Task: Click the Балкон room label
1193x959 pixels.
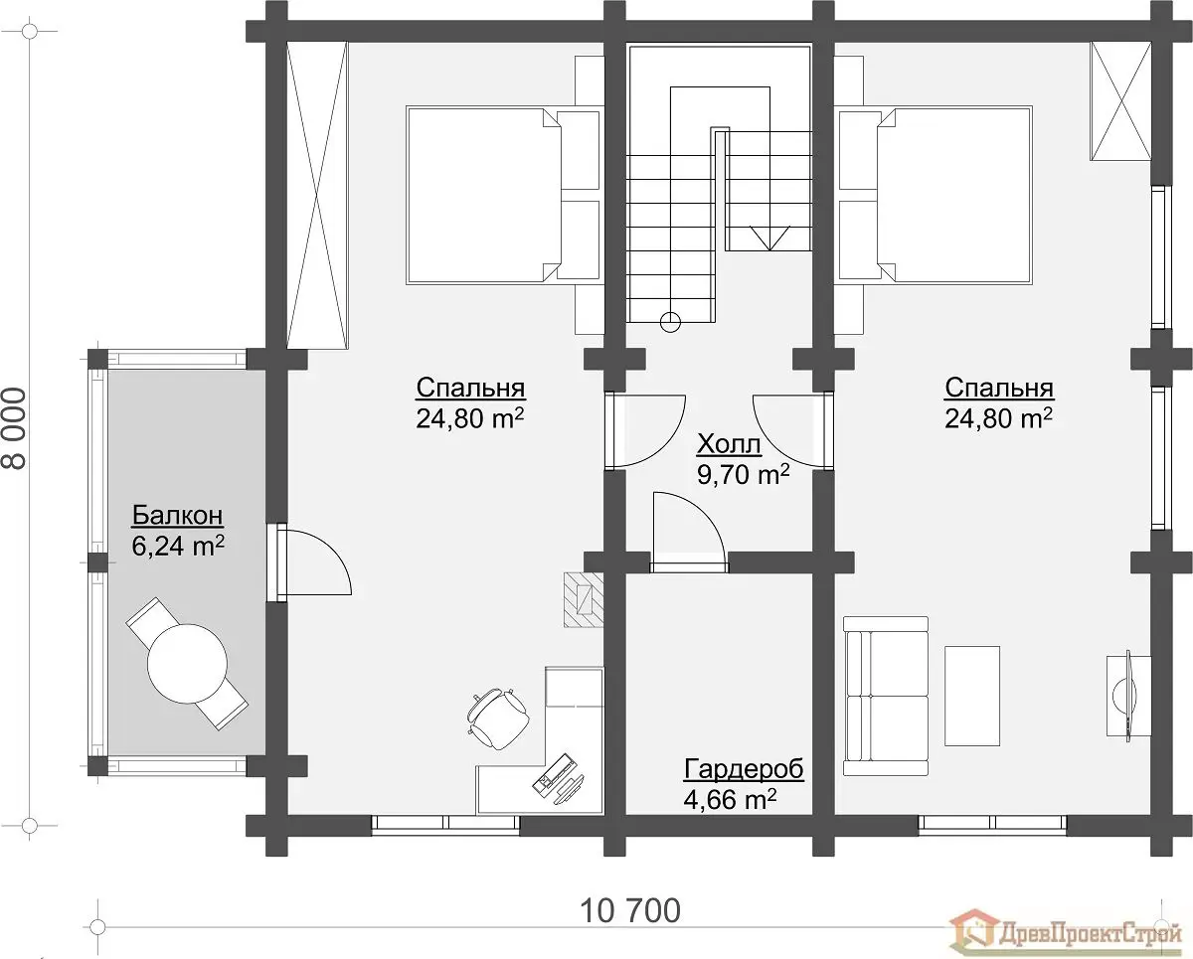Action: point(177,516)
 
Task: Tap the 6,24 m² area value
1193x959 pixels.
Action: point(178,546)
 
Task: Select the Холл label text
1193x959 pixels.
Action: point(729,444)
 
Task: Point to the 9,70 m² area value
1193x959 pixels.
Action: point(743,474)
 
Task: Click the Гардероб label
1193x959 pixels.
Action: point(744,769)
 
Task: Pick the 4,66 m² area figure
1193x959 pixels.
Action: point(730,799)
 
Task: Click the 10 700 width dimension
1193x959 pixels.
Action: point(629,910)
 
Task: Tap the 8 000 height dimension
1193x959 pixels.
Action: point(14,428)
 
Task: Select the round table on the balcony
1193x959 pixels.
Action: point(187,664)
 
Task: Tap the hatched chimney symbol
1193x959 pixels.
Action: point(584,599)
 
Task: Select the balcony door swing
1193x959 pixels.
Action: point(313,562)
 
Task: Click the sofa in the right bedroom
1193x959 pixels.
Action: point(886,696)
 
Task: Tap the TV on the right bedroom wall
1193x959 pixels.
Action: point(1127,696)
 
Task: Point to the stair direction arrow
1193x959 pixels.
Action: point(769,239)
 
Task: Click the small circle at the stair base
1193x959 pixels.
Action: point(670,322)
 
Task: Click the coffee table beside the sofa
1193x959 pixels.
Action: point(972,696)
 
